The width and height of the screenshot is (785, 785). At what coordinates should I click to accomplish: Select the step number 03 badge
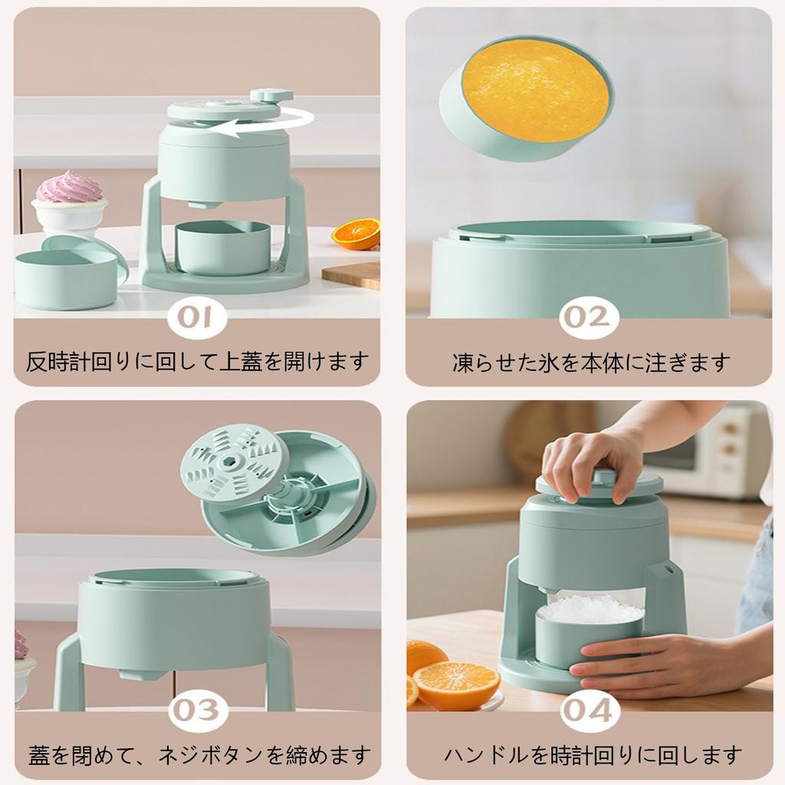click(199, 711)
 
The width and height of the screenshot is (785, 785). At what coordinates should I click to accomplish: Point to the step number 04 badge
click(589, 711)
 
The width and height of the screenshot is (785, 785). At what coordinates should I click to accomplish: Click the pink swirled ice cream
click(69, 189)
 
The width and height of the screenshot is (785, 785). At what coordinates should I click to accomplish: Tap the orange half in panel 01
click(357, 234)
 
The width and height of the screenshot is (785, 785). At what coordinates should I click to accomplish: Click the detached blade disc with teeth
click(235, 461)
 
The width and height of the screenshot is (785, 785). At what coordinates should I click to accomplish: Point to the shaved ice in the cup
click(590, 609)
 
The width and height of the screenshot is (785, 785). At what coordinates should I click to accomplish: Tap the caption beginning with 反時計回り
click(198, 361)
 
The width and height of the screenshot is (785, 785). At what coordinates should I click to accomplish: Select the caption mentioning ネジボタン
click(199, 754)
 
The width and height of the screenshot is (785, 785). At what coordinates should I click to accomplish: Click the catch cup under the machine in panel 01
click(222, 248)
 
